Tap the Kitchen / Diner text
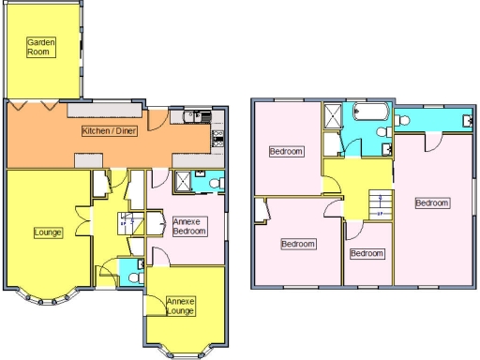click(111, 131)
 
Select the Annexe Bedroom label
click(186, 226)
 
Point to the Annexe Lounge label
click(180, 304)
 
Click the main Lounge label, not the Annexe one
click(47, 232)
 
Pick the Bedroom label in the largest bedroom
click(432, 202)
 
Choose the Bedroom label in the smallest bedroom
click(367, 253)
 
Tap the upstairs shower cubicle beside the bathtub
click(334, 116)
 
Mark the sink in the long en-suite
click(467, 119)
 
